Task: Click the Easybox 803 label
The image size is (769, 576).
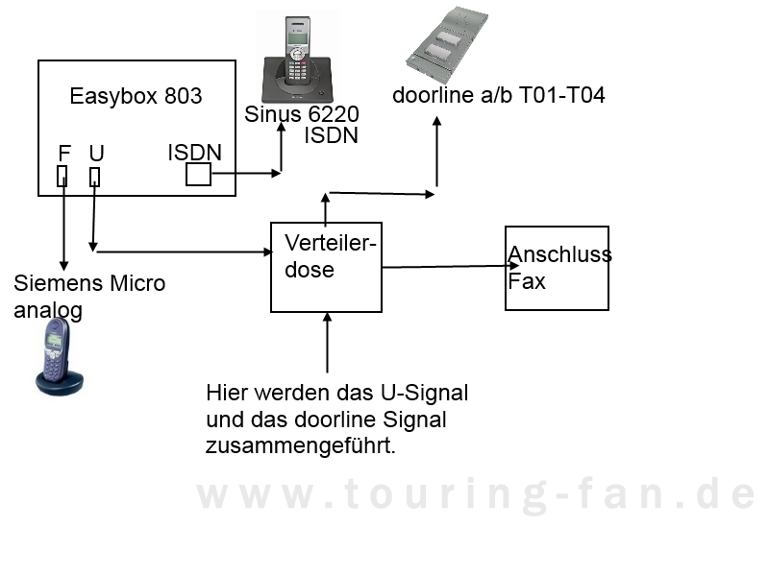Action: click(x=136, y=96)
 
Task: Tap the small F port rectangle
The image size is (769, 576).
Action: click(x=62, y=175)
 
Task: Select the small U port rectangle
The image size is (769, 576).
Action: click(x=94, y=176)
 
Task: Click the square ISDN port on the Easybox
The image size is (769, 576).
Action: click(x=198, y=174)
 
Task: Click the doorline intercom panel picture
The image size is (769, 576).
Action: click(x=444, y=44)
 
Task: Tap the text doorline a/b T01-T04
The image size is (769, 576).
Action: click(x=499, y=96)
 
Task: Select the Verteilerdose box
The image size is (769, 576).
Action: click(x=326, y=266)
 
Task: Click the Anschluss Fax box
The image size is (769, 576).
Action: click(x=557, y=268)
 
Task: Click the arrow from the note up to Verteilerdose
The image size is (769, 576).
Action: click(x=328, y=342)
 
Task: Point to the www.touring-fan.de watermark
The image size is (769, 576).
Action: click(x=476, y=494)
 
